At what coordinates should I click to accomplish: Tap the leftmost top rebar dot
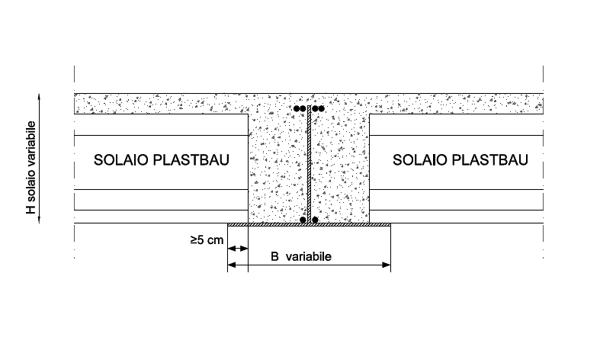tap(297, 108)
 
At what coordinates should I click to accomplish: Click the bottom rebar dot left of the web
tap(303, 220)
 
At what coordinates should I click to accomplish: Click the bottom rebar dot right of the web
tap(315, 220)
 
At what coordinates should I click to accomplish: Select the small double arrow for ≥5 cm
tap(239, 249)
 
